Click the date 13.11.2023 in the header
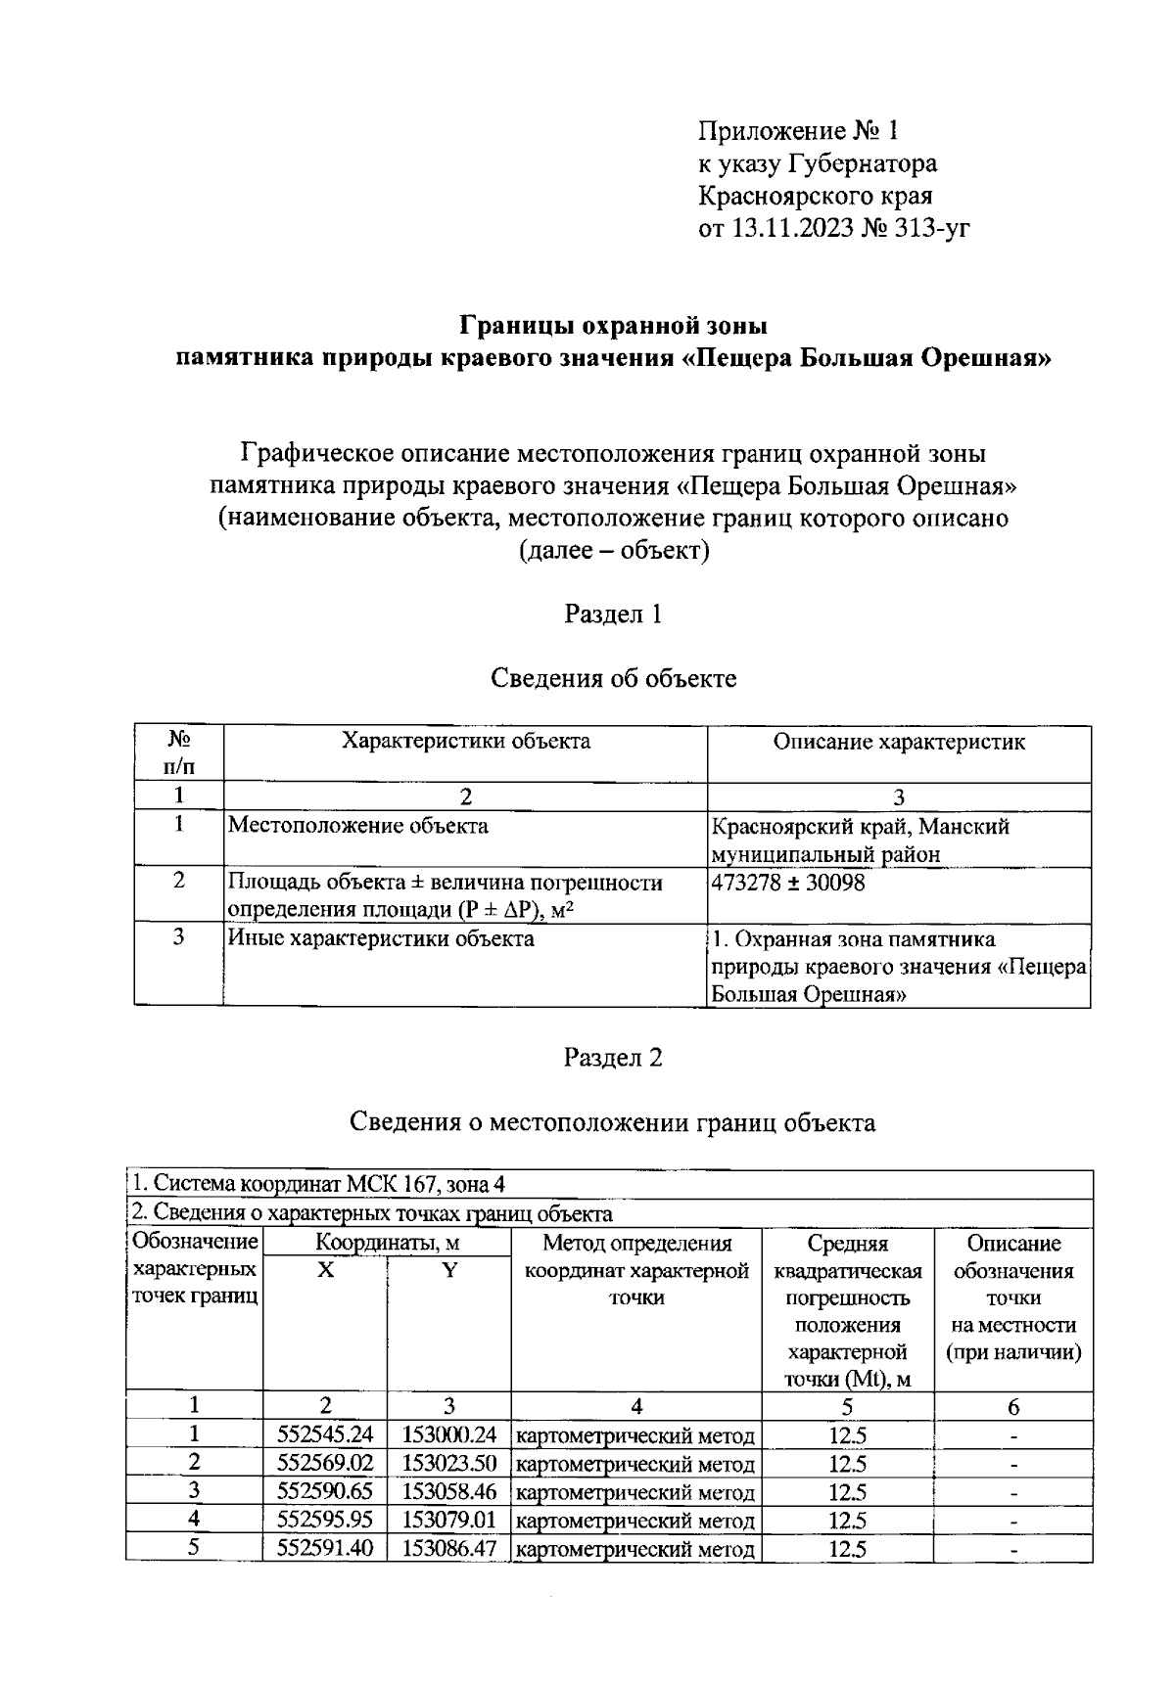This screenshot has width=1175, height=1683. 790,228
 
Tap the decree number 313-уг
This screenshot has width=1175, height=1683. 931,228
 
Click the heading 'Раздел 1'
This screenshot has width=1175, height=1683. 613,614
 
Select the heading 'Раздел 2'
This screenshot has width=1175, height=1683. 613,1058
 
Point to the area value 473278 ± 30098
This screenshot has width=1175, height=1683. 788,883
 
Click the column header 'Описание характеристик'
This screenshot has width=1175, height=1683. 899,742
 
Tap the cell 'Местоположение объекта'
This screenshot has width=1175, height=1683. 358,826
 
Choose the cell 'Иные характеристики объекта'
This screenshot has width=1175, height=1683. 381,939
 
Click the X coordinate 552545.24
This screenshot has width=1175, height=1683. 325,1435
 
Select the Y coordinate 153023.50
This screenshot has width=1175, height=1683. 449,1464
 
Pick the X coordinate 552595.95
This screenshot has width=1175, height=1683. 325,1521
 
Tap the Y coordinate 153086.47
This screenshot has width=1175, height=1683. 449,1549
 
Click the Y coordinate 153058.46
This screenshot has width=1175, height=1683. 449,1492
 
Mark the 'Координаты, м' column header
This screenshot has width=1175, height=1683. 387,1244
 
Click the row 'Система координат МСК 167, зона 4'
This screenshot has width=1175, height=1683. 319,1184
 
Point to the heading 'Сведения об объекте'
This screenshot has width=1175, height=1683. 613,678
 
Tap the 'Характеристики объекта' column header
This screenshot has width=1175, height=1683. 465,742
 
